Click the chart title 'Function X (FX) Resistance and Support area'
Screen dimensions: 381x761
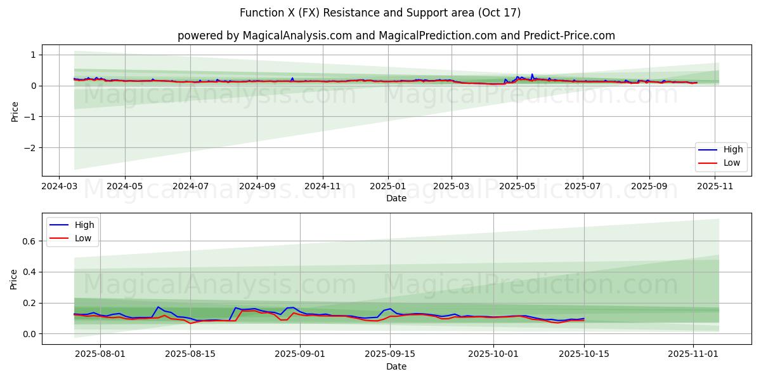(x=380, y=13)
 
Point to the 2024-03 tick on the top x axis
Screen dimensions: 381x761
(x=59, y=187)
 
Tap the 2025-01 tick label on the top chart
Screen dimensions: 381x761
(x=387, y=187)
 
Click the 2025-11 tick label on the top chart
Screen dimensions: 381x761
(x=715, y=187)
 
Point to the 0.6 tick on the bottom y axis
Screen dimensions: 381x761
(x=28, y=241)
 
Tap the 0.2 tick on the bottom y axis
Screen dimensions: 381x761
(x=28, y=303)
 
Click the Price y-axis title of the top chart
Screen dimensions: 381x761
(x=15, y=110)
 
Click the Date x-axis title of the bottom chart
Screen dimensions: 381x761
(x=396, y=366)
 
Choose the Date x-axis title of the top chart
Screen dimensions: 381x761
(x=396, y=198)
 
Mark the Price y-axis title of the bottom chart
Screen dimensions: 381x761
(x=15, y=279)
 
